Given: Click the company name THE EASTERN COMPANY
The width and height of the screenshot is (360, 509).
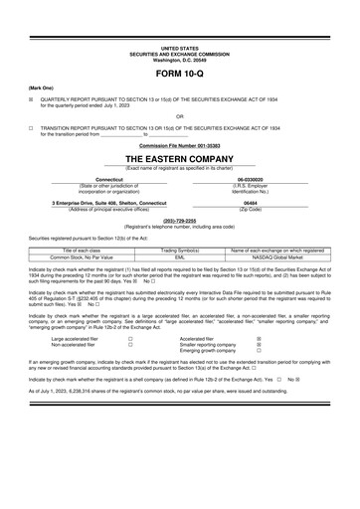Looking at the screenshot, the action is point(180,159).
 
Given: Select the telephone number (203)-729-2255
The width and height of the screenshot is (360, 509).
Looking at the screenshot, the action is point(180,219).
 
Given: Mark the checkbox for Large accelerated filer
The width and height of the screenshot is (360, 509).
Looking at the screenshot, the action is point(130,338).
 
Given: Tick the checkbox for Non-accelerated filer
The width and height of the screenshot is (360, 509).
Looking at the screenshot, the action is point(130,345).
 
